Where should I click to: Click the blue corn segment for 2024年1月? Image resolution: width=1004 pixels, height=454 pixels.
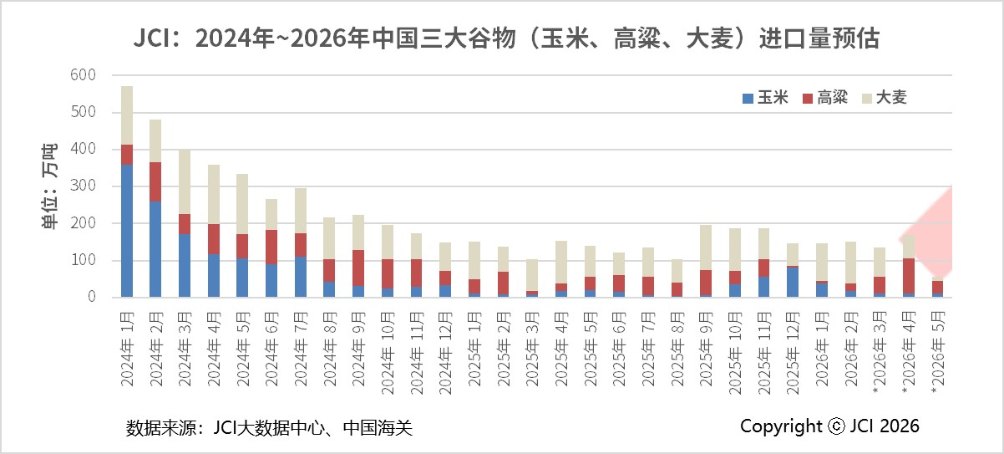coord(127,231)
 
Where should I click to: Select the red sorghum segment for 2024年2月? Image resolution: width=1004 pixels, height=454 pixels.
coord(155,181)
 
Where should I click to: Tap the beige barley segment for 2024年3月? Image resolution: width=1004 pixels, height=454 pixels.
coord(185,181)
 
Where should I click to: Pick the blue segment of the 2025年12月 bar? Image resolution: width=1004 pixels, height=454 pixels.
coord(793,282)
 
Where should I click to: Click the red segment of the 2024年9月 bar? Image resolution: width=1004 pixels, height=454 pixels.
coord(358,268)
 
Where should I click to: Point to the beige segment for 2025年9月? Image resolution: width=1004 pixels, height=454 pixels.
coord(706,247)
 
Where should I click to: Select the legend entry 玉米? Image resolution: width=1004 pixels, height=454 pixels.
coord(765,97)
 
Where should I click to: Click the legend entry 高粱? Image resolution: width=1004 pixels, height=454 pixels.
coord(825,97)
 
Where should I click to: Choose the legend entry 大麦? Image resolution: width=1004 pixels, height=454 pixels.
coord(885,97)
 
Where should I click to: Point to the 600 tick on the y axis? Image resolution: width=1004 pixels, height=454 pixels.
coord(84,75)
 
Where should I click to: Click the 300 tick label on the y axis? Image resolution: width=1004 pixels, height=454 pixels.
coord(84,186)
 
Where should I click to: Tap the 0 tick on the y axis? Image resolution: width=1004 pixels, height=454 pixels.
coord(92,297)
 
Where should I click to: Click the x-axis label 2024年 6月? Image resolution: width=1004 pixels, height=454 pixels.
coord(271,349)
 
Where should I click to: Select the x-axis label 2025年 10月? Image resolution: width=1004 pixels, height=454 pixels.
coord(734,353)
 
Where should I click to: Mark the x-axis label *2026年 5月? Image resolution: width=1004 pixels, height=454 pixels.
coord(938,353)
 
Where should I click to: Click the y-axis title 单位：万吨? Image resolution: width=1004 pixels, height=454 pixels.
coord(49,186)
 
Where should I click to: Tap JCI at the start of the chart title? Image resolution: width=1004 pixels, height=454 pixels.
coord(152,38)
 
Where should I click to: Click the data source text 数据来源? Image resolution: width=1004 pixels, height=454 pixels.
coord(161,427)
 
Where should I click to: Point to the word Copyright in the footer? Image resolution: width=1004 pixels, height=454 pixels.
coord(781,426)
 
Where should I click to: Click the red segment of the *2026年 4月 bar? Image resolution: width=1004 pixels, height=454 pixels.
coord(909,276)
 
